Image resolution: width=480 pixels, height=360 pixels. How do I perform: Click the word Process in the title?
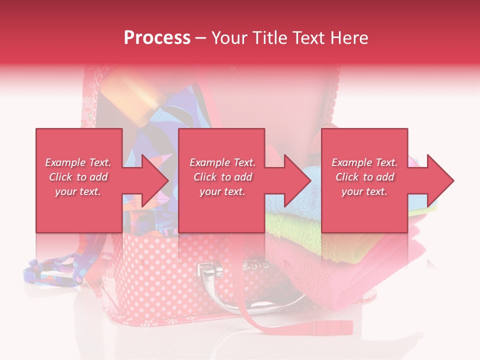tap(157, 38)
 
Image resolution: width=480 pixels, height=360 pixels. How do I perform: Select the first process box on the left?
tap(78, 150)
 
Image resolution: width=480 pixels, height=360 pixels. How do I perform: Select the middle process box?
tap(221, 150)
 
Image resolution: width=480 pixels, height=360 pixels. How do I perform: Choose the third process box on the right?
tap(364, 150)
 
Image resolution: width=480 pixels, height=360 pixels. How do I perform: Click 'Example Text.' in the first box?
tap(78, 162)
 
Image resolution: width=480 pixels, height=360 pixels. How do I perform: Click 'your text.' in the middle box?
tap(222, 191)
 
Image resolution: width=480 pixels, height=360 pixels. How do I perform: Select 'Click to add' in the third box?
tap(364, 177)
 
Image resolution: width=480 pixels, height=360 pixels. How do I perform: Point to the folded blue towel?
tap(295, 200)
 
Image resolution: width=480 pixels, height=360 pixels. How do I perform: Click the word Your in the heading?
tap(230, 38)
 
